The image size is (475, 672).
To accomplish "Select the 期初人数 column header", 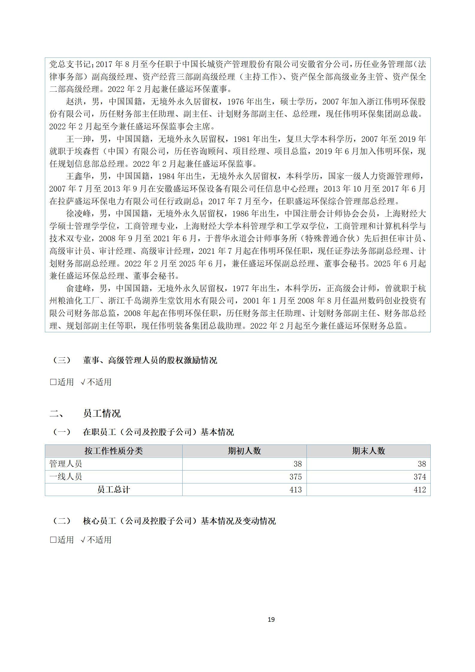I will (244, 451).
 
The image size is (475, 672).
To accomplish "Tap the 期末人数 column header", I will (368, 451).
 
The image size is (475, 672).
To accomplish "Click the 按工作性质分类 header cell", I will (114, 451).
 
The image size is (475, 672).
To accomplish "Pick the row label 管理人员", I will (66, 464).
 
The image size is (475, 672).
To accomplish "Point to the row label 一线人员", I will (66, 477).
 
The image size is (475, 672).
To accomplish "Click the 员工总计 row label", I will (114, 489).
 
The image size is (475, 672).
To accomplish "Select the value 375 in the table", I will (295, 477).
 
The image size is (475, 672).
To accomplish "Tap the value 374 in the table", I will (420, 477).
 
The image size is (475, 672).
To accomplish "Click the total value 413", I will (295, 489).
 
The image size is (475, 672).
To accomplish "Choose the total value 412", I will (420, 489).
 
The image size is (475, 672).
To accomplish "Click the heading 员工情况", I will (102, 414).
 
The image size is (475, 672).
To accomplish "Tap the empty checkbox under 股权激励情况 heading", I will (53, 382).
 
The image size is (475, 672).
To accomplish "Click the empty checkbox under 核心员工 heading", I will (53, 540).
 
